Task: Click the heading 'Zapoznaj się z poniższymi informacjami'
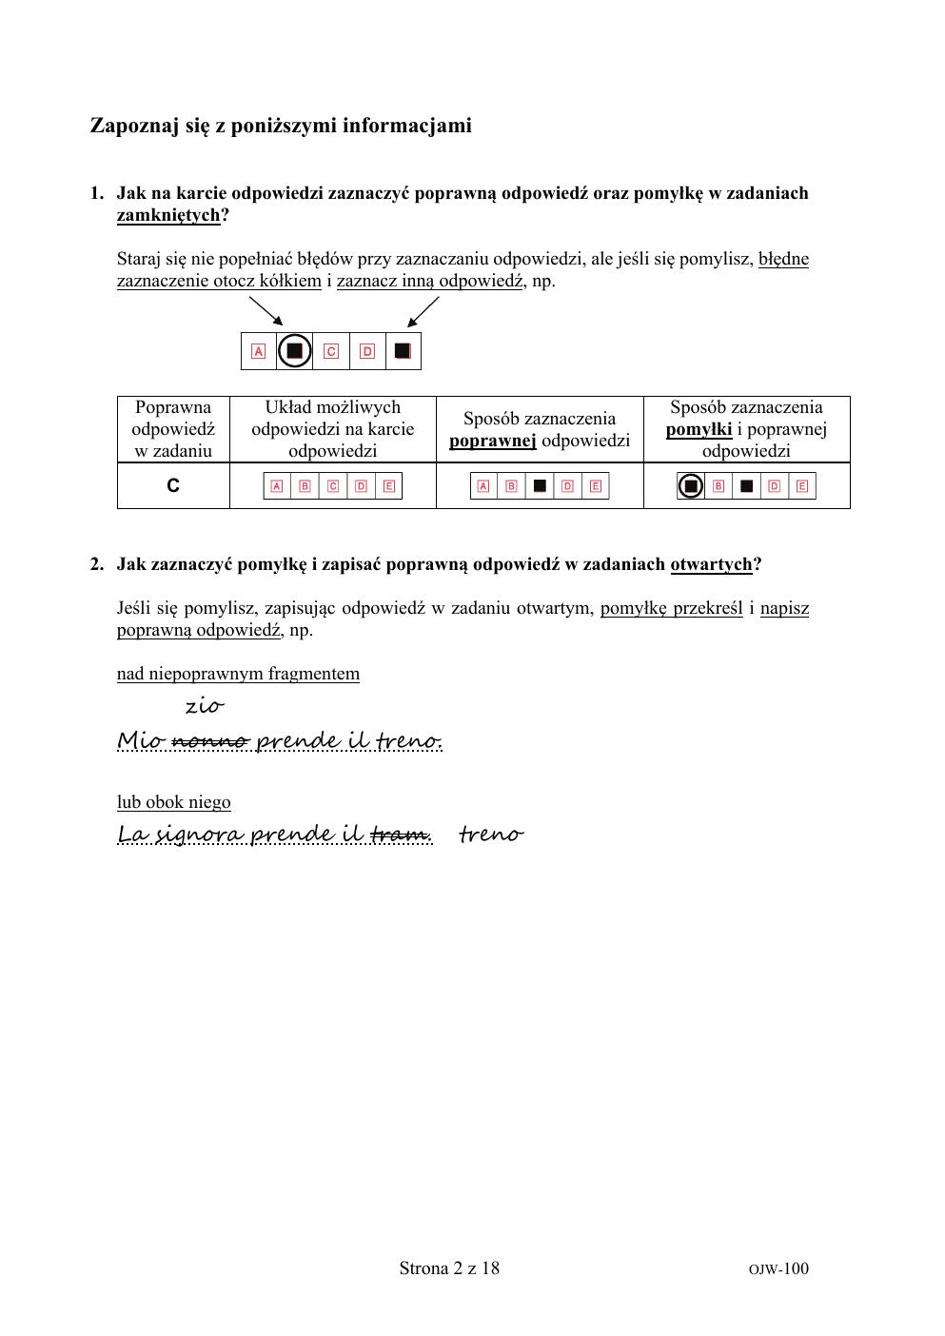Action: tap(281, 126)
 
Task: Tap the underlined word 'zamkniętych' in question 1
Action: tap(168, 215)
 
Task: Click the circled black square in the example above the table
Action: tap(295, 351)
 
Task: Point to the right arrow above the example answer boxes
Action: tap(423, 311)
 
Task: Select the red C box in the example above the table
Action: tap(331, 351)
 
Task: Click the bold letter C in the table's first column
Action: tap(173, 486)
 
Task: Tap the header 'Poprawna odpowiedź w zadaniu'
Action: tap(173, 429)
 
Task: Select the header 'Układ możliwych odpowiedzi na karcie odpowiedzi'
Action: tap(332, 429)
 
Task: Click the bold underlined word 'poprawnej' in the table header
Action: tap(493, 441)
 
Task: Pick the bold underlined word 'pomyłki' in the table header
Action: tap(699, 429)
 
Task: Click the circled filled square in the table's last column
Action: tap(691, 486)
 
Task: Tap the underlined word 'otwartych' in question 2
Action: tap(711, 564)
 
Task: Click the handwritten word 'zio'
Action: tap(204, 706)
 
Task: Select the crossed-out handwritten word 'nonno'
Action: tap(210, 740)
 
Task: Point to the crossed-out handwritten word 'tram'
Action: tap(400, 835)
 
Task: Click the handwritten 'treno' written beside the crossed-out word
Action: tap(490, 835)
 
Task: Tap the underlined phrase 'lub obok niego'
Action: tap(174, 802)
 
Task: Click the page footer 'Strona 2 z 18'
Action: tap(449, 1267)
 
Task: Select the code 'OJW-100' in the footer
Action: tap(778, 1268)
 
